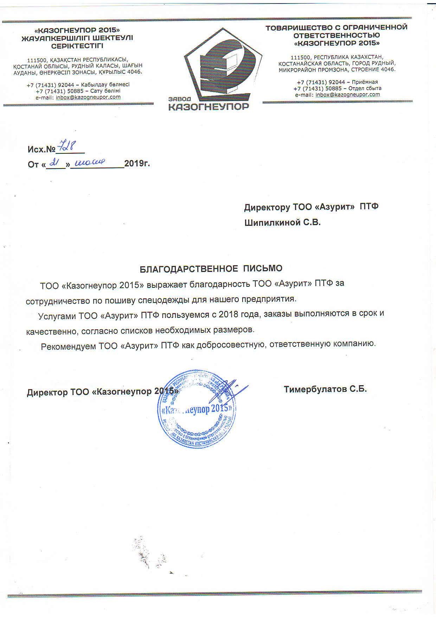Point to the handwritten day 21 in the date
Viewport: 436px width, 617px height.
[54, 162]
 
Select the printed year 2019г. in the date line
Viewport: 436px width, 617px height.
[137, 164]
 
